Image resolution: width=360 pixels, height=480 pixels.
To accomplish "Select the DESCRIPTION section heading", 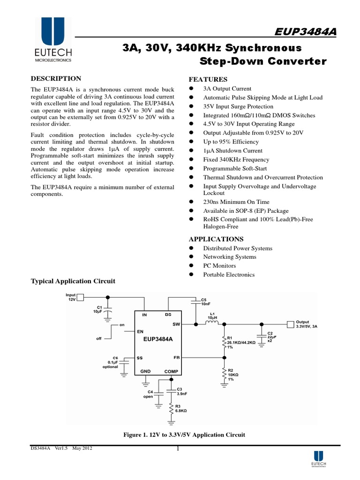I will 56,78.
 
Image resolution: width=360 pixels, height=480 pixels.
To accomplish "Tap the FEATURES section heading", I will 208,79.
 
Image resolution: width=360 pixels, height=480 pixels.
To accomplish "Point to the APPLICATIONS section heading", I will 216,239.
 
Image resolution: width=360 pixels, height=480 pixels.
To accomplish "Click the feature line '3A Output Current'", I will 227,89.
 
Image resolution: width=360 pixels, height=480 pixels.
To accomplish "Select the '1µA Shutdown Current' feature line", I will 232,151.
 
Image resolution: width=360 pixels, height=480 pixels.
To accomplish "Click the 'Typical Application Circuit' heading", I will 73,281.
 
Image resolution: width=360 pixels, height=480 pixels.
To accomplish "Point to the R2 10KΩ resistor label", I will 233,375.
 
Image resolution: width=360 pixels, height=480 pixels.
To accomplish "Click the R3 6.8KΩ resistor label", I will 181,408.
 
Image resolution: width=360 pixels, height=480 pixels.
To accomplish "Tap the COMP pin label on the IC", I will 171,371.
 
